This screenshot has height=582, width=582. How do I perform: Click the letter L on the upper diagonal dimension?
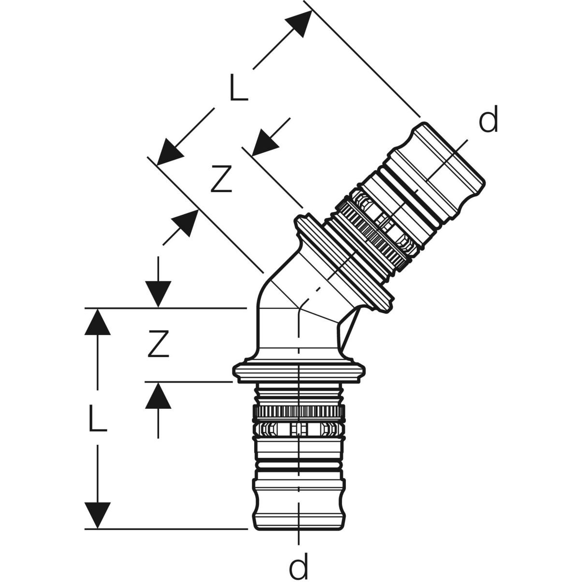pos(238,87)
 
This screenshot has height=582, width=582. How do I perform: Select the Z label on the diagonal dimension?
pos(221,178)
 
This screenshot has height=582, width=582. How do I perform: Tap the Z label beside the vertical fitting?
pos(158,343)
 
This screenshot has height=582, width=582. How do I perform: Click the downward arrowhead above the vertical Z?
pos(158,294)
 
